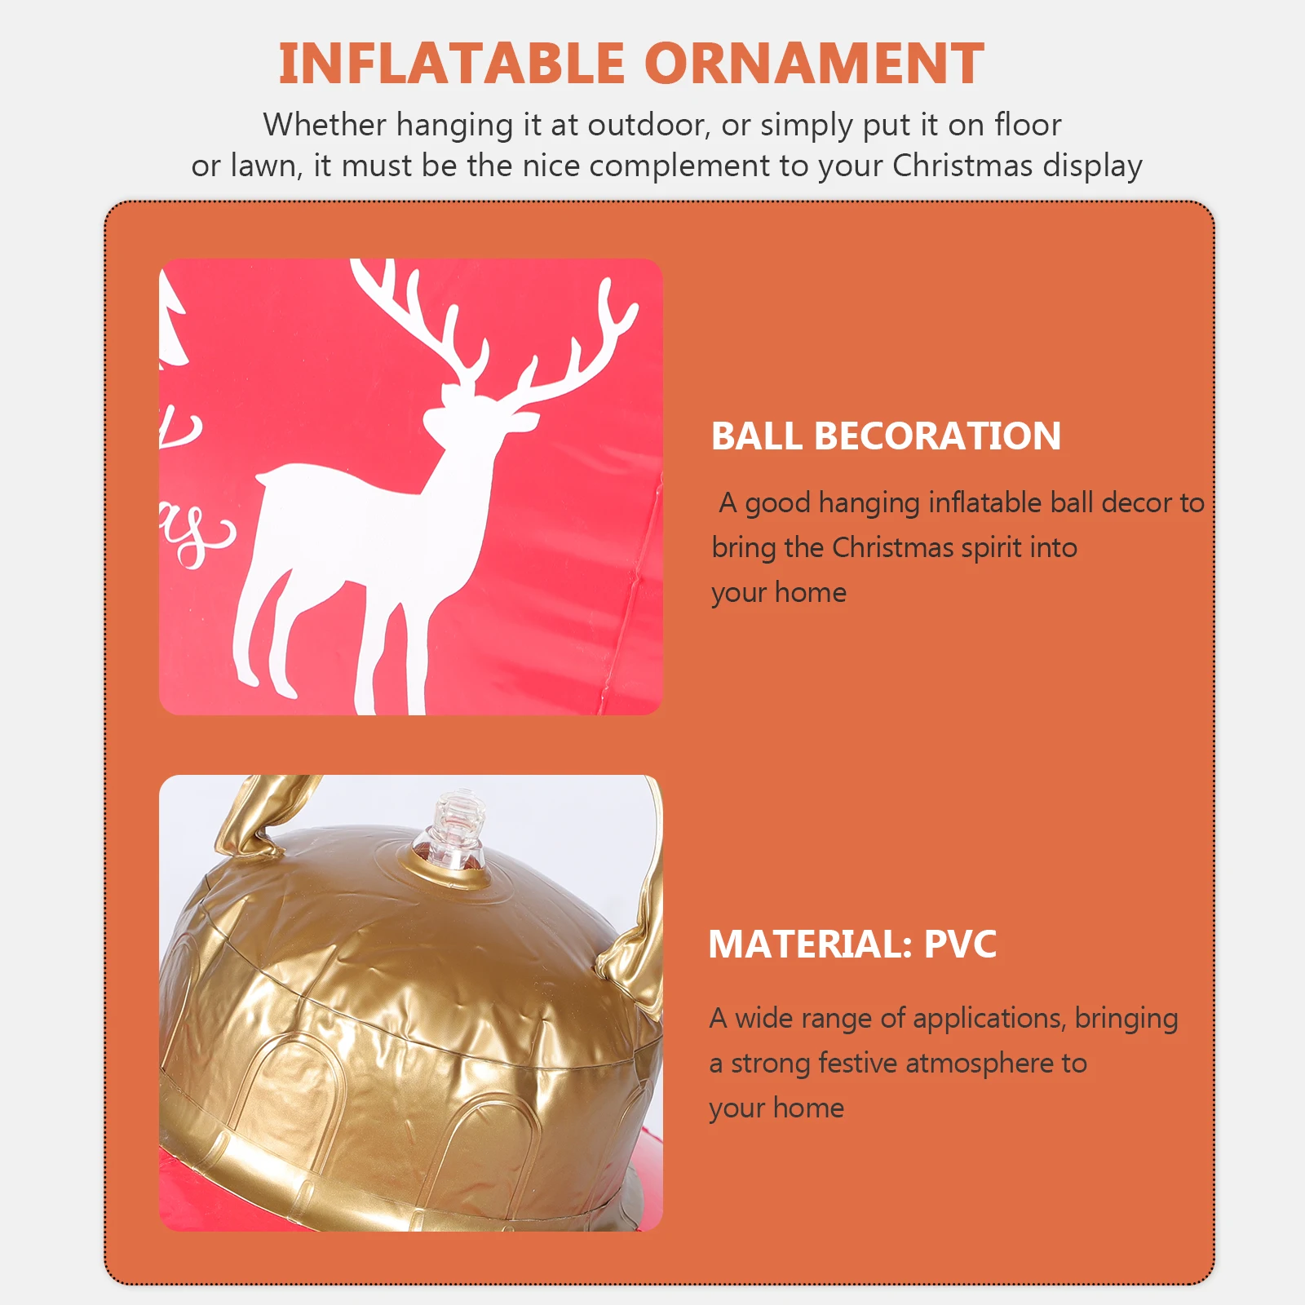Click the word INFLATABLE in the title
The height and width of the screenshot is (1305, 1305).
pyautogui.click(x=451, y=64)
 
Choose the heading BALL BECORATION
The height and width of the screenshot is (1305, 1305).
pyautogui.click(x=886, y=436)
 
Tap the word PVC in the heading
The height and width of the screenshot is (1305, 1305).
pyautogui.click(x=960, y=944)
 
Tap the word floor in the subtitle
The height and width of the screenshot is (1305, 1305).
pyautogui.click(x=1027, y=125)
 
